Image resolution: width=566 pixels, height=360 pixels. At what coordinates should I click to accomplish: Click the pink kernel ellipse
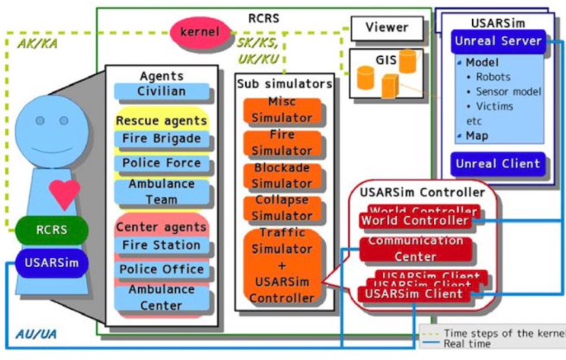(200, 32)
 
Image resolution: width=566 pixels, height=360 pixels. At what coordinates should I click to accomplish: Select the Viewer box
(387, 28)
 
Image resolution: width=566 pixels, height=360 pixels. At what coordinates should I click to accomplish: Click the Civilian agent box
(161, 92)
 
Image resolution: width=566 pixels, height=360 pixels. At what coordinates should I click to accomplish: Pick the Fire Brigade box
(161, 139)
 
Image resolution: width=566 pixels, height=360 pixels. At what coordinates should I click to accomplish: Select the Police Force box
(161, 163)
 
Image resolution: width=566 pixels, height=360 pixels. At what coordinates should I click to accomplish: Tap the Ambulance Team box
(161, 192)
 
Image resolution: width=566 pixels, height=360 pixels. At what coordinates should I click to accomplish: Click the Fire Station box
(161, 245)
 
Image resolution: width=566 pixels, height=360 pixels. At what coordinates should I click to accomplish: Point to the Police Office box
(161, 269)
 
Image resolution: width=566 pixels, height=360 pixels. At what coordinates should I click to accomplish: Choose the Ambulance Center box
(161, 298)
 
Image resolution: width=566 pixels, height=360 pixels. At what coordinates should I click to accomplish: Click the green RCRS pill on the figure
(52, 231)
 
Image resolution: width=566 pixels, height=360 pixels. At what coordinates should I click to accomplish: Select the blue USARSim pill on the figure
(52, 262)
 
